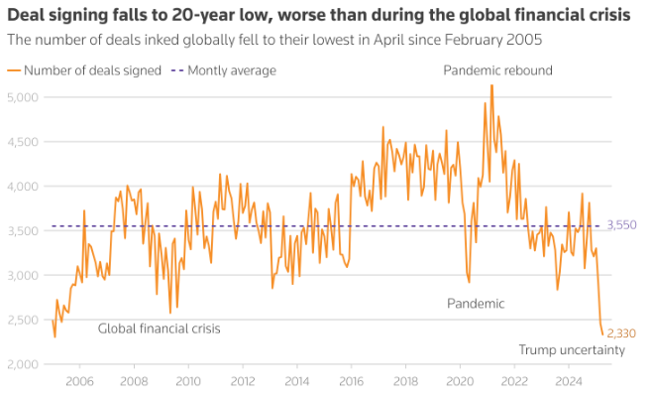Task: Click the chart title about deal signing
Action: [x=317, y=16]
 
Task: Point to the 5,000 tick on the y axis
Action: [x=23, y=97]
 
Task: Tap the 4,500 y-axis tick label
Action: [x=23, y=142]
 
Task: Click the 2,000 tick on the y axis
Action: [x=23, y=364]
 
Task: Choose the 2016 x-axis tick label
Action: [x=351, y=381]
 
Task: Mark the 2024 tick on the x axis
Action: [x=569, y=381]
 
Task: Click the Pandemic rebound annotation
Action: [x=497, y=70]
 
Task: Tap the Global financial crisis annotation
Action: [x=159, y=329]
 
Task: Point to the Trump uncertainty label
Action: [x=572, y=350]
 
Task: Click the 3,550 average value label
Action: [x=622, y=225]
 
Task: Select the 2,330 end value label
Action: [x=622, y=334]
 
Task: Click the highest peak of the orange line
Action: [x=491, y=86]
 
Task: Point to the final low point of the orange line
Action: [x=602, y=334]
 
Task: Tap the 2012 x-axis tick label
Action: [x=242, y=381]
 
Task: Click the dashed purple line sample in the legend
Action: [x=177, y=70]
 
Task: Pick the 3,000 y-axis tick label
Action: [x=23, y=275]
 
